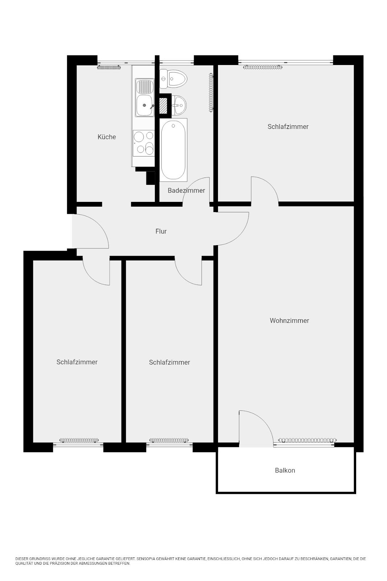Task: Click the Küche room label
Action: pyautogui.click(x=107, y=137)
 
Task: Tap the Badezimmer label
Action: pyautogui.click(x=186, y=190)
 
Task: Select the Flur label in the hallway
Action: pyautogui.click(x=161, y=231)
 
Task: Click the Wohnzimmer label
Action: pyautogui.click(x=289, y=321)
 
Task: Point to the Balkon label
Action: pyautogui.click(x=285, y=470)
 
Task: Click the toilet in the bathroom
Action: pyautogui.click(x=173, y=79)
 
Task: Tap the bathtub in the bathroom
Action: pyautogui.click(x=173, y=150)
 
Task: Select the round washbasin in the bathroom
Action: pyautogui.click(x=179, y=105)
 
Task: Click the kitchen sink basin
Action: pyautogui.click(x=145, y=105)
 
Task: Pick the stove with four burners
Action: pyautogui.click(x=144, y=143)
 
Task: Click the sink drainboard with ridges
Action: pyautogui.click(x=145, y=87)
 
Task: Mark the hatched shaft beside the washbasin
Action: pyautogui.click(x=164, y=105)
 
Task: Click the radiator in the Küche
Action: pyautogui.click(x=109, y=68)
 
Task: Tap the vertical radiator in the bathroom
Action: pyautogui.click(x=211, y=93)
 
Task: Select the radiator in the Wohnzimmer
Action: pyautogui.click(x=307, y=440)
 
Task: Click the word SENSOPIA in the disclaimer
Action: pyautogui.click(x=146, y=559)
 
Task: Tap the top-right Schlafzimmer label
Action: pyautogui.click(x=288, y=127)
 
